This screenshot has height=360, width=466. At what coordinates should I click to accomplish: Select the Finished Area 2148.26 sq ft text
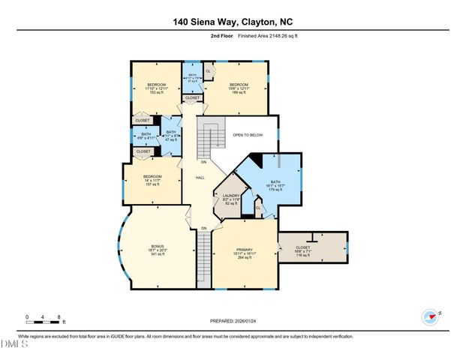[271, 36]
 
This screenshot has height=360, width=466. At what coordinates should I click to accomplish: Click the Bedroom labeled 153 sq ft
[156, 88]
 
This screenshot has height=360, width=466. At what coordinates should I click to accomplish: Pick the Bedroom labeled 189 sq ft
[238, 88]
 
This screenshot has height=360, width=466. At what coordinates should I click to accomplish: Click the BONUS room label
[158, 250]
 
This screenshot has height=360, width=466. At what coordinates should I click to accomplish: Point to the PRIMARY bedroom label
[245, 250]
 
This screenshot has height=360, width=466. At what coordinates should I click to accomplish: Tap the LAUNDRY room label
[230, 199]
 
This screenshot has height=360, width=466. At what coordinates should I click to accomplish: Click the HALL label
[200, 178]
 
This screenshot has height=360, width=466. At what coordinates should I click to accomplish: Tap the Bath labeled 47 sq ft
[170, 136]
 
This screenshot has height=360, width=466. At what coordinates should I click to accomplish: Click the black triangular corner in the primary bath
[256, 158]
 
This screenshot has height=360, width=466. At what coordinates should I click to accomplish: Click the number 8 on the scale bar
[62, 317]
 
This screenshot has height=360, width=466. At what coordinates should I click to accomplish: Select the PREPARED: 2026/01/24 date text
[232, 321]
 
